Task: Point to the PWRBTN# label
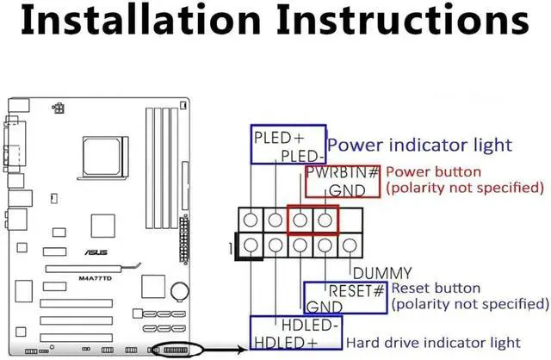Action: tap(343, 173)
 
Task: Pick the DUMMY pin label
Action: tap(382, 273)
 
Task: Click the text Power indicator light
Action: tap(420, 145)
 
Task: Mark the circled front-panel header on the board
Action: tap(176, 351)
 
